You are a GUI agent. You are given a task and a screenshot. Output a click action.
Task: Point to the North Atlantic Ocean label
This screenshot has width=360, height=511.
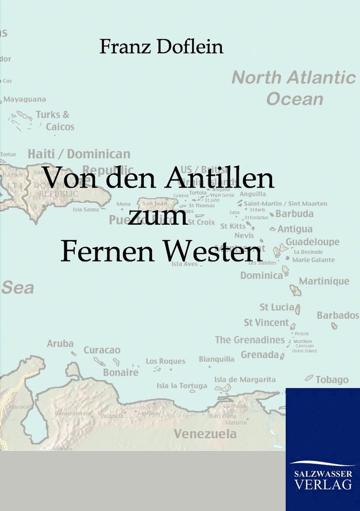[x=294, y=88]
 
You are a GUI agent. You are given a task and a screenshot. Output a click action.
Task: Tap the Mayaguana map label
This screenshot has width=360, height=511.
[x=25, y=99]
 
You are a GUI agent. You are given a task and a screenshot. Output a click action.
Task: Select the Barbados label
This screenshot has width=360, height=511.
[x=337, y=315]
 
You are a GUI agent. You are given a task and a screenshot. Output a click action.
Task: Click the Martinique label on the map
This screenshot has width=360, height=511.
[x=324, y=281]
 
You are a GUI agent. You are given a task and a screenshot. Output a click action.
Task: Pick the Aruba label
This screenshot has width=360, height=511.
[x=60, y=344]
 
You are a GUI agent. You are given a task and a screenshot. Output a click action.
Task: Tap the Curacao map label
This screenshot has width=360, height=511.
[x=102, y=350]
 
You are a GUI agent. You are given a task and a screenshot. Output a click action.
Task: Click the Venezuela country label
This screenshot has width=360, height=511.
[x=205, y=433]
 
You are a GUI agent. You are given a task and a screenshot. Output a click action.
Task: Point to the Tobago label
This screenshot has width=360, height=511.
[x=332, y=379]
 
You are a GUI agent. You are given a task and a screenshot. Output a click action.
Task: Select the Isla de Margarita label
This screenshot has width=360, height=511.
[x=245, y=379]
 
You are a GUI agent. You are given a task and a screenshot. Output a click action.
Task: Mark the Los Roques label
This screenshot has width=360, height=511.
[x=165, y=361]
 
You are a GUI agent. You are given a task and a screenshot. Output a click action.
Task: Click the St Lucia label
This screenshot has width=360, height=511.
[x=277, y=307]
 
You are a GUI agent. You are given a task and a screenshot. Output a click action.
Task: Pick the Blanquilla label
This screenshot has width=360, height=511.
[x=217, y=359]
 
